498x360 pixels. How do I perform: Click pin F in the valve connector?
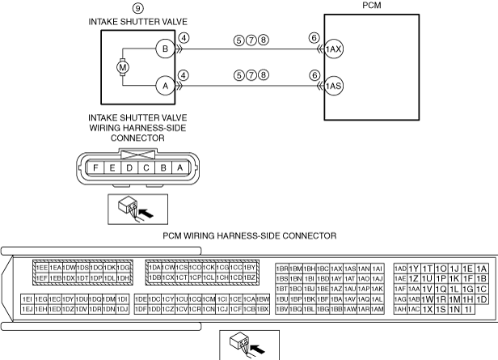pos(97,168)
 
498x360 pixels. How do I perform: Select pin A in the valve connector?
pos(179,168)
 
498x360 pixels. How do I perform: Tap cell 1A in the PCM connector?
pos(482,269)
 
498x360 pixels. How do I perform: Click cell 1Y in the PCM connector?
pos(414,269)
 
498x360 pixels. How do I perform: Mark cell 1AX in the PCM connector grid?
pos(336,268)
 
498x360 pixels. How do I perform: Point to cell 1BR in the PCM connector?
pos(282,268)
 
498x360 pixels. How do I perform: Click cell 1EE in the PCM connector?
pos(40,268)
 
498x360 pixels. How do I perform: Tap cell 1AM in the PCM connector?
pos(377,309)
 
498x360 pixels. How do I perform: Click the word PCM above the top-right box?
pos(363,5)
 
